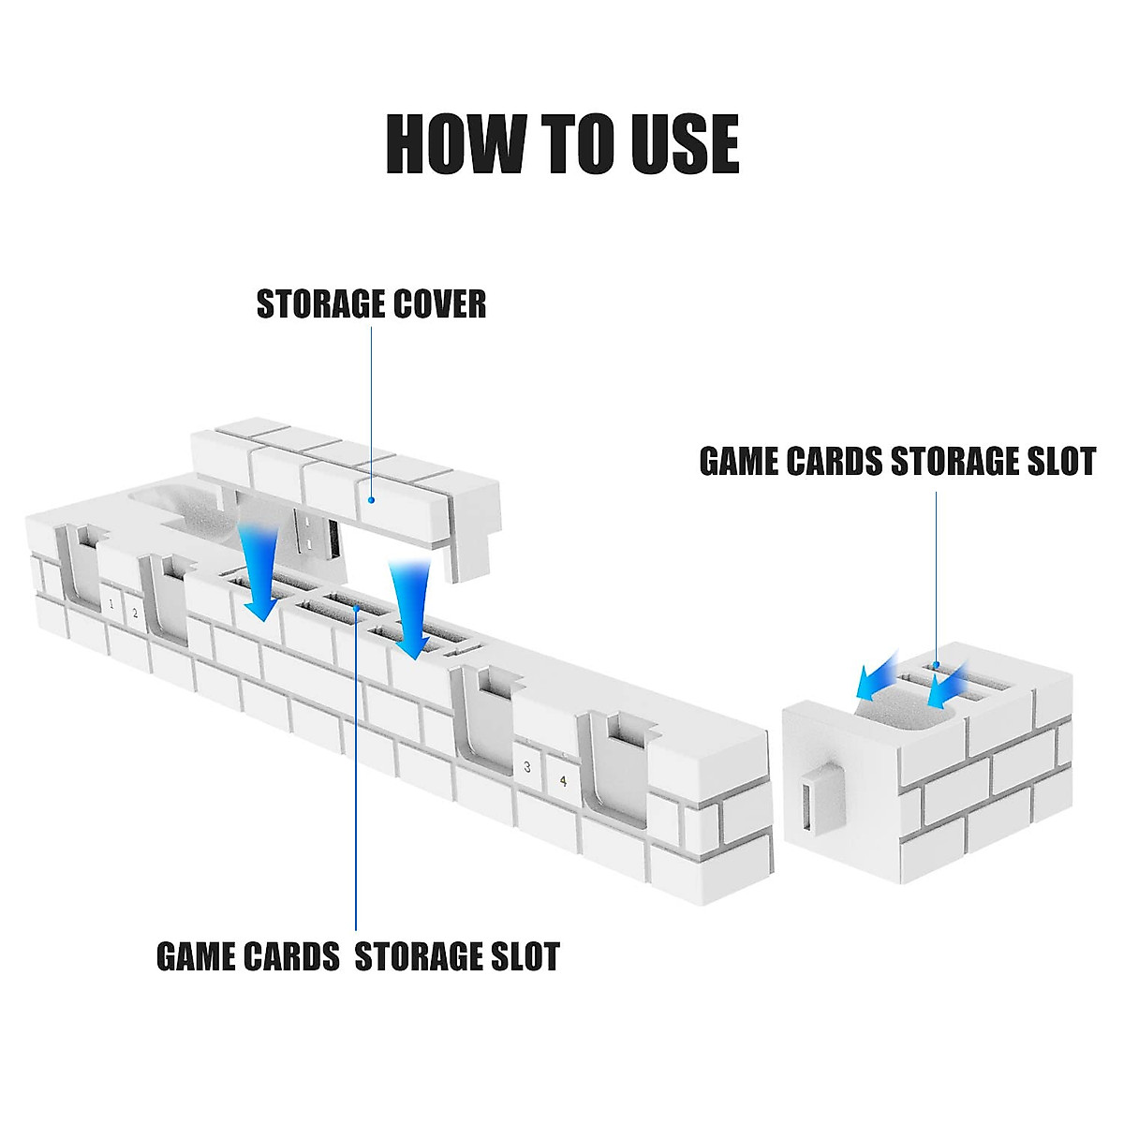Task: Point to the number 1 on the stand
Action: [x=111, y=604]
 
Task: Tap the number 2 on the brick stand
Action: [x=135, y=614]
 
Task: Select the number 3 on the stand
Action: [x=527, y=767]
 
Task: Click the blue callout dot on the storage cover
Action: [x=372, y=499]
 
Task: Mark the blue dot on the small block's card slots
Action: [x=935, y=665]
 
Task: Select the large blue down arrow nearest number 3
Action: [x=409, y=611]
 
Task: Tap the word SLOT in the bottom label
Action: [x=521, y=956]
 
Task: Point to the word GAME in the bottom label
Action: [x=195, y=956]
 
